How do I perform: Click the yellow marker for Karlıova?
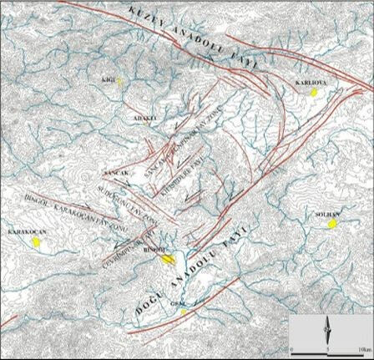coord(314,94)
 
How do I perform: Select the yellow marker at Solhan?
coord(332,224)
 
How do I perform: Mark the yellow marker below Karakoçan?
coord(37,241)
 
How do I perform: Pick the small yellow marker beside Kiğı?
coord(120,81)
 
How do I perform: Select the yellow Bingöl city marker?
coord(168,259)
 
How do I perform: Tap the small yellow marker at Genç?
coord(182,313)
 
